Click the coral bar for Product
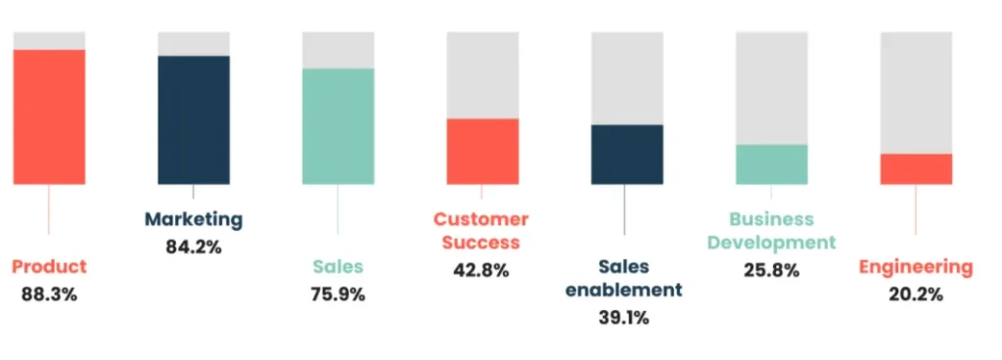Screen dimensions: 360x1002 [x=49, y=116]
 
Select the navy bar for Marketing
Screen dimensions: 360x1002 [x=194, y=119]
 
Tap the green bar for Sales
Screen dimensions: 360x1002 [x=338, y=125]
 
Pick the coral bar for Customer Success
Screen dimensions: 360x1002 [x=482, y=151]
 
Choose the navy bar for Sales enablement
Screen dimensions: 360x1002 [x=627, y=154]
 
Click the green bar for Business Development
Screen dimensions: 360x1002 [x=771, y=163]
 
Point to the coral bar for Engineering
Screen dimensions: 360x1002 [x=916, y=168]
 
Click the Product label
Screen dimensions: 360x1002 [x=49, y=266]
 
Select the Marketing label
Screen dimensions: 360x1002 [x=194, y=219]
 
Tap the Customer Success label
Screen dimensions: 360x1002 [x=481, y=230]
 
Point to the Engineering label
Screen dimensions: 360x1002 [x=916, y=266]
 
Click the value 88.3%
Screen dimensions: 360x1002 [x=49, y=292]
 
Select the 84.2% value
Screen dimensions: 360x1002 [x=194, y=247]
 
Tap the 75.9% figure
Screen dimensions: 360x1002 [x=338, y=292]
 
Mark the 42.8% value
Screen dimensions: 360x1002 [x=481, y=270]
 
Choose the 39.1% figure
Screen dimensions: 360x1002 [x=625, y=316]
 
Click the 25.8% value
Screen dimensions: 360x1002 [x=771, y=270]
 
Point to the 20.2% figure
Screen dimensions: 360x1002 [x=916, y=292]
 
